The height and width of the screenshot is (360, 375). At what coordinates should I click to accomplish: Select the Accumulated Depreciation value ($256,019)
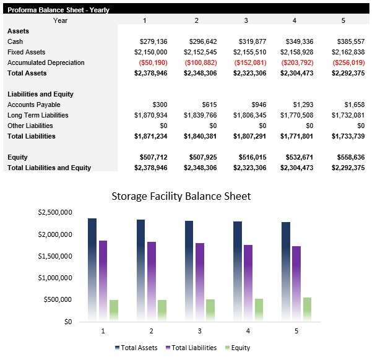coord(348,62)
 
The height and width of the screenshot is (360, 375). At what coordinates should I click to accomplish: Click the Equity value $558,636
coord(350,157)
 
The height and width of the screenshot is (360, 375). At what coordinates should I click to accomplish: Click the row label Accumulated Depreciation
coord(45,62)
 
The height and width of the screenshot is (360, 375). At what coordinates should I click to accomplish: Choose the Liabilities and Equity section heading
coord(40,94)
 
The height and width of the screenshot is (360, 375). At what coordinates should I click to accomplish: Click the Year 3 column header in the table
coord(246,20)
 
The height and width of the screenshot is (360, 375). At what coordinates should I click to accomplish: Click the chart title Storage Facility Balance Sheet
coord(181,197)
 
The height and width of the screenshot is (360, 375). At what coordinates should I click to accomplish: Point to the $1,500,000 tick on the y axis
coord(55,256)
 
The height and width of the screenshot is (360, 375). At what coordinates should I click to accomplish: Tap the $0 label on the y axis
coord(68,322)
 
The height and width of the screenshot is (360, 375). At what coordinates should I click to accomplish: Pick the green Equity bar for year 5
coord(308,309)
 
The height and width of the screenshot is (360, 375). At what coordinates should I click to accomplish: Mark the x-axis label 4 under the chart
coord(248,331)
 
